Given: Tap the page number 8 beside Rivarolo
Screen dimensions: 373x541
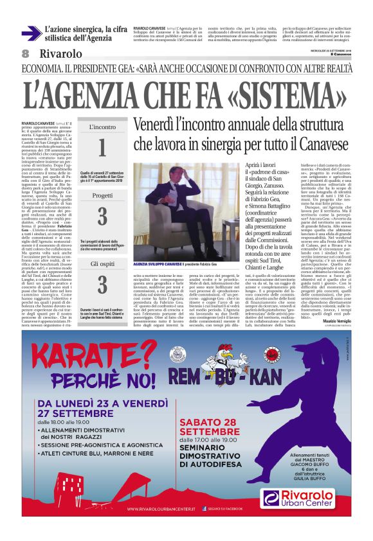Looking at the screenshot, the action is click(x=26, y=54).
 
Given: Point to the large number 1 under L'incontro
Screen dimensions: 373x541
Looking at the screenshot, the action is click(x=102, y=148).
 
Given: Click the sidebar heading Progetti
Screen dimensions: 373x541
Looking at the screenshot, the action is click(x=102, y=195).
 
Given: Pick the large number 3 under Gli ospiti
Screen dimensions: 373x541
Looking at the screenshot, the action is click(x=102, y=283).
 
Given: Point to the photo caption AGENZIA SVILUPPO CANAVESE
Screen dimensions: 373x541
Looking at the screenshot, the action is click(x=158, y=265).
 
